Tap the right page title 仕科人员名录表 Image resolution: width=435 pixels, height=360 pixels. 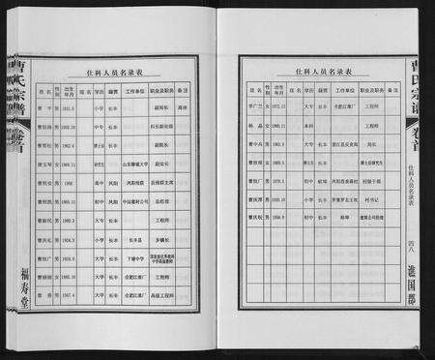click(310, 72)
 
